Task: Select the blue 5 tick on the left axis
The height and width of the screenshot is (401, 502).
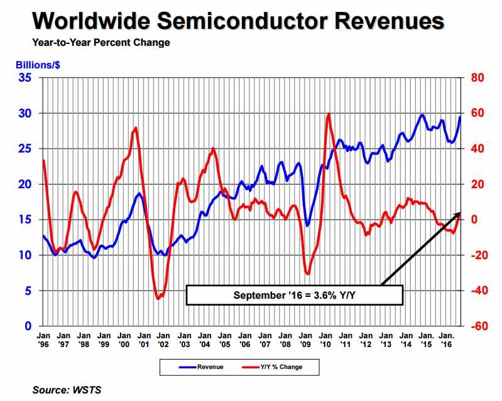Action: [x=28, y=291]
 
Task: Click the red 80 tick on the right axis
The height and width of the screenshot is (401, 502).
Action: [x=476, y=78]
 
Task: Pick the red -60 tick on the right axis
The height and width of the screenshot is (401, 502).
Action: [x=476, y=326]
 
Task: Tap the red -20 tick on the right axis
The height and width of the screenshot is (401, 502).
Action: [x=476, y=255]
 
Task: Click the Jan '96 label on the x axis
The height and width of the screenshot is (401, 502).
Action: [x=44, y=340]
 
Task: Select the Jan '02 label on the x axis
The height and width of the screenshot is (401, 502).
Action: [x=163, y=340]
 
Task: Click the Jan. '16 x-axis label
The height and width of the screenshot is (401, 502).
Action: [x=446, y=340]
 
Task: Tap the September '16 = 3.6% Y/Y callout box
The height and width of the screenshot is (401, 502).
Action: [x=294, y=294]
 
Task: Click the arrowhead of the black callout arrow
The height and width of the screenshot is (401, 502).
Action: [x=459, y=214]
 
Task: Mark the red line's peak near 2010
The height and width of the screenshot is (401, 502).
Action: [x=329, y=114]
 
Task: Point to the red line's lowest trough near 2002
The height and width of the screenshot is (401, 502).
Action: [x=158, y=299]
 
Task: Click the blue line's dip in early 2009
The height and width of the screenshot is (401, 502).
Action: [x=307, y=225]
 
